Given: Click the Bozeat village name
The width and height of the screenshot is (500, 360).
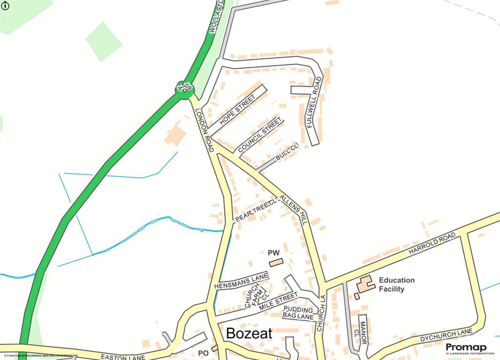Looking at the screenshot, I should [249, 334].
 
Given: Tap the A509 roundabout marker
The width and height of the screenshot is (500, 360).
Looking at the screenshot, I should [185, 88].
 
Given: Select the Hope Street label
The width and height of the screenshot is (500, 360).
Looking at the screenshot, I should [237, 109].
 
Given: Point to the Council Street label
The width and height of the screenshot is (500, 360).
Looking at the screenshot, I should [259, 135].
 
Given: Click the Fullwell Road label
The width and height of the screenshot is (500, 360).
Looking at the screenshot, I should [313, 104].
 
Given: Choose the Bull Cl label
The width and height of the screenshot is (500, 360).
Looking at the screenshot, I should [286, 152].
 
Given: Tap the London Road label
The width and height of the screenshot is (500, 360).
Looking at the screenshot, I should [205, 129].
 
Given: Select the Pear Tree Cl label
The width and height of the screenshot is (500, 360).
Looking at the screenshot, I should [256, 210].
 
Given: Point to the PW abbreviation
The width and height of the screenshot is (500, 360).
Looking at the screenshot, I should [273, 253].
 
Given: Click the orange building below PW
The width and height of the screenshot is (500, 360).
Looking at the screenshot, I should [276, 263].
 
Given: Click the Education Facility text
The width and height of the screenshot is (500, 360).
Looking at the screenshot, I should [396, 284].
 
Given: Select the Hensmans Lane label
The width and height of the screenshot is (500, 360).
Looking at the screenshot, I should [241, 281].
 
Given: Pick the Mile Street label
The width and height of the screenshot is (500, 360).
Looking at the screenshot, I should [278, 300].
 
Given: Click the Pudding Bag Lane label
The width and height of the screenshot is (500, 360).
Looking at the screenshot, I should [298, 313].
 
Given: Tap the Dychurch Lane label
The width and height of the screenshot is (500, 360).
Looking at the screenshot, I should [446, 336].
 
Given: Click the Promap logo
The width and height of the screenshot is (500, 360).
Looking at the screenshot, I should [466, 348].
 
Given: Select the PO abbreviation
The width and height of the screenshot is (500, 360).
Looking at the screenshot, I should [204, 353].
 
